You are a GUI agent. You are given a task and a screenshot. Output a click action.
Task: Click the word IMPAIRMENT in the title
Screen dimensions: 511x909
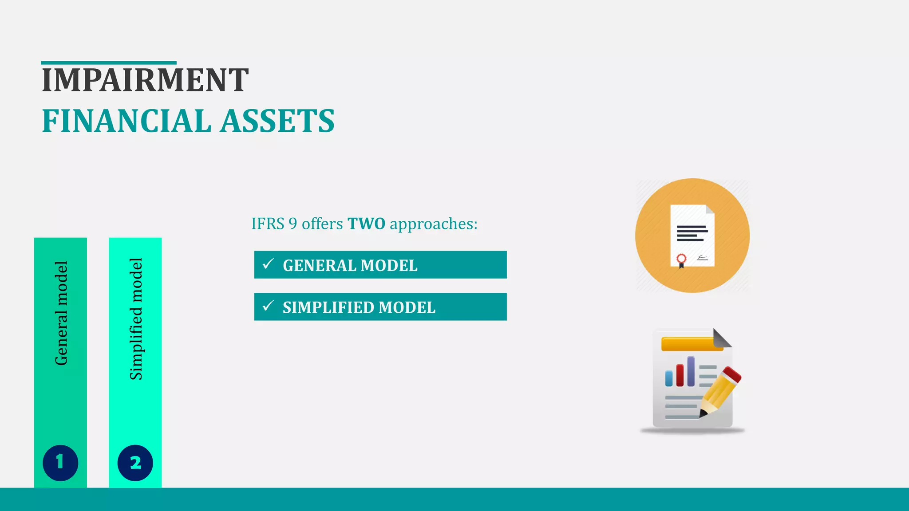tap(145, 80)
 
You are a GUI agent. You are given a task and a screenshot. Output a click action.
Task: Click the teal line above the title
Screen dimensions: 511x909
tap(109, 63)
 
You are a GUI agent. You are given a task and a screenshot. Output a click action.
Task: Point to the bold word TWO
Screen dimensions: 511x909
tap(366, 224)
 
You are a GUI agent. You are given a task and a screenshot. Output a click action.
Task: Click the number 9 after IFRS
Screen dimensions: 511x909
tap(292, 224)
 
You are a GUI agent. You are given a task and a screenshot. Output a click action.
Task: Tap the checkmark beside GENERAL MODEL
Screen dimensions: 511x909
tap(268, 264)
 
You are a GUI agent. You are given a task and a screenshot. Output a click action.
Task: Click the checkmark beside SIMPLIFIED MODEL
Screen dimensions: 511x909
tap(268, 306)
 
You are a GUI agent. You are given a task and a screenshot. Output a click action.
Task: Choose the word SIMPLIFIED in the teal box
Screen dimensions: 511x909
tap(328, 307)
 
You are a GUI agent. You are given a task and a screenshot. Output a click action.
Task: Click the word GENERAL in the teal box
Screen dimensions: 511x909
tap(320, 266)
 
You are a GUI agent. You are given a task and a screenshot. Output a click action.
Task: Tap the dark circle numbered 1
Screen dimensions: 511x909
tap(60, 463)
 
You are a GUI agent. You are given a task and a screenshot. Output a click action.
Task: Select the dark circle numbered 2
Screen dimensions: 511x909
tap(135, 463)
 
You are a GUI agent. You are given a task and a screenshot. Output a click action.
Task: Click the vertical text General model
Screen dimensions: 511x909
tap(61, 313)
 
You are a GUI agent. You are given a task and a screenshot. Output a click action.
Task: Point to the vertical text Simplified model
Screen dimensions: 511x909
tap(136, 318)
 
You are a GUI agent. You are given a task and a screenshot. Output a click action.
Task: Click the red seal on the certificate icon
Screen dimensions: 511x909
tap(681, 259)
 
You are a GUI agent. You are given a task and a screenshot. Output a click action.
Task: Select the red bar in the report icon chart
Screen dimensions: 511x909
tap(680, 375)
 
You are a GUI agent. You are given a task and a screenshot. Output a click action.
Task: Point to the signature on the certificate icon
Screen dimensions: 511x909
tap(702, 257)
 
